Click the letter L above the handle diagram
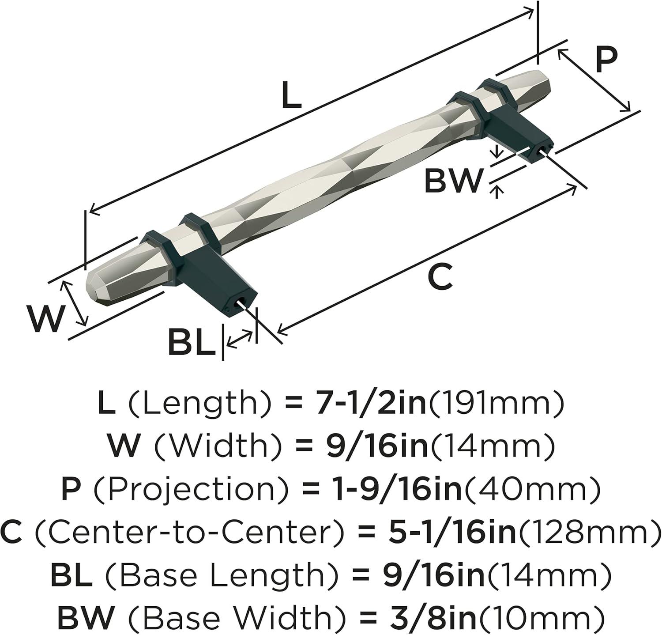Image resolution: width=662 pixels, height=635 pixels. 291,96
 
